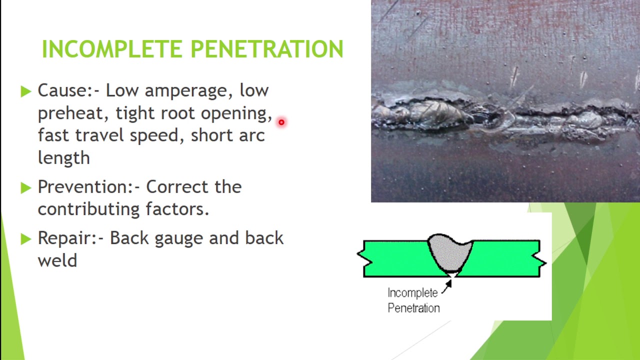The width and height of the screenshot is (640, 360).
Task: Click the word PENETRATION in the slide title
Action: [x=267, y=49]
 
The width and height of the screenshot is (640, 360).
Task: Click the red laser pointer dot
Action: [x=281, y=122]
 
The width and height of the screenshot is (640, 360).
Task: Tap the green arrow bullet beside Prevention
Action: [x=26, y=187]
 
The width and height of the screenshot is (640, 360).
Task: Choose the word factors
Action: [x=177, y=209]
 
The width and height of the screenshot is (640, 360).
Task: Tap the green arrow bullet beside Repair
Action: [x=26, y=239]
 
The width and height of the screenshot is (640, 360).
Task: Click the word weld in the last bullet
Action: [x=57, y=260]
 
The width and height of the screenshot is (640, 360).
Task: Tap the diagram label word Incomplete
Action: [x=412, y=293]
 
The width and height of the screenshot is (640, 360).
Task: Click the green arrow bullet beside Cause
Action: [x=26, y=91]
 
